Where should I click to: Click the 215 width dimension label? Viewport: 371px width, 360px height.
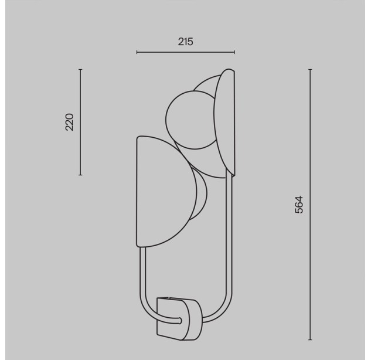[x=185, y=42]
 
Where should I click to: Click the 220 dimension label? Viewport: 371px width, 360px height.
[x=70, y=122]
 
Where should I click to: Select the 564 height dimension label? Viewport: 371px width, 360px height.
[x=299, y=205]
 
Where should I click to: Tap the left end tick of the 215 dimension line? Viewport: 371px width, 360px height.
[x=137, y=52]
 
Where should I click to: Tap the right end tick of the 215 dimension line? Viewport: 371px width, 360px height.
[x=234, y=52]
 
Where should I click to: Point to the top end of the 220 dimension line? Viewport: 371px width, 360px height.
[x=80, y=69]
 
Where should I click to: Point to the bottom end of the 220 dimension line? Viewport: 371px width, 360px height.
[x=80, y=175]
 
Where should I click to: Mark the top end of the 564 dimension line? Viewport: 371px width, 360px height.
[x=310, y=69]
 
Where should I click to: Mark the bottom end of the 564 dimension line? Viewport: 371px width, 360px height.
[x=310, y=339]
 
